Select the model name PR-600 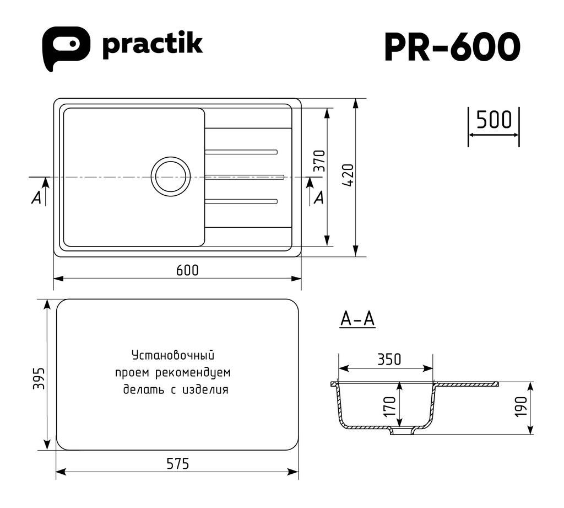[x=452, y=47]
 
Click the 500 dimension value [x=494, y=120]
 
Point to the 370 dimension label [x=319, y=161]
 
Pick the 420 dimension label [x=348, y=175]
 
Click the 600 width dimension [x=187, y=270]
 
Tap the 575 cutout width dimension [x=178, y=464]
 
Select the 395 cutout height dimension [x=39, y=378]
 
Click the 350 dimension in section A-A [x=389, y=359]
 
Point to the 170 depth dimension [x=389, y=407]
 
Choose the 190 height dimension [x=521, y=407]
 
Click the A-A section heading [x=357, y=319]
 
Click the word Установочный [x=173, y=355]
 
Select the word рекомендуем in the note [x=193, y=372]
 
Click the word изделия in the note [x=205, y=389]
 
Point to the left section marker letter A [x=36, y=197]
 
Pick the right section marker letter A [x=319, y=197]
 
